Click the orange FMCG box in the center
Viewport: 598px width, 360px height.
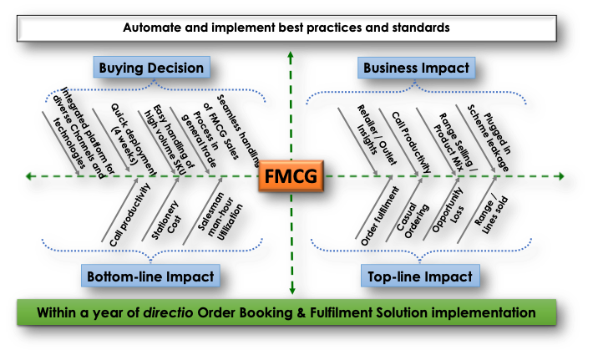(x=290, y=177)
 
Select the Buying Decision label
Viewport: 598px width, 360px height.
(x=150, y=68)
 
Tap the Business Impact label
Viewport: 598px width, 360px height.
(x=415, y=68)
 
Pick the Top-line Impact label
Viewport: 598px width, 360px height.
(x=419, y=276)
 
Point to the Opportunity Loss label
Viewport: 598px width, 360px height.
(x=443, y=221)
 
